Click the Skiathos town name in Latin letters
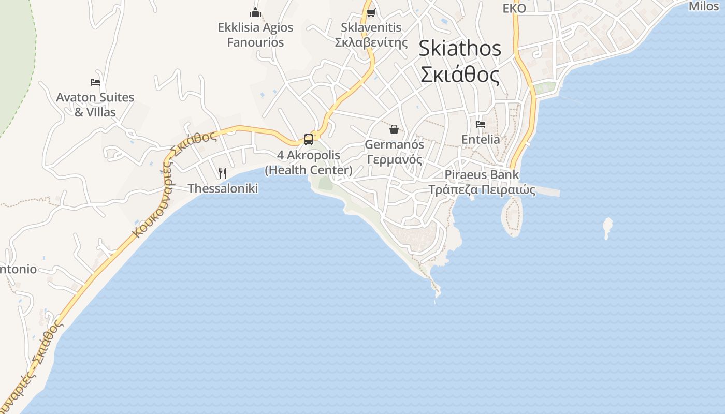pos(460,49)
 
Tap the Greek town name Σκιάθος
pos(460,75)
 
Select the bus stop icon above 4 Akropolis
pos(309,139)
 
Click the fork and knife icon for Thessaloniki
pos(223,173)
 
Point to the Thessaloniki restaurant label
pos(223,188)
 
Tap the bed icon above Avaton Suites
pos(95,82)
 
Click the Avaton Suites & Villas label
pos(95,105)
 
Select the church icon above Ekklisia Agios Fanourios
pos(255,12)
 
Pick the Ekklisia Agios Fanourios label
pos(255,35)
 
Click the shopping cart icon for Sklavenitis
pos(371,12)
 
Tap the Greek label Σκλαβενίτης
pos(371,42)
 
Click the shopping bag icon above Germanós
pos(394,129)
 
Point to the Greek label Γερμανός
pos(394,159)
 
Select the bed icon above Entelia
pos(481,124)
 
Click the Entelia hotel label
pos(481,140)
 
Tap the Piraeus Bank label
pos(482,175)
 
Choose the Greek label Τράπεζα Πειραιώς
pos(482,190)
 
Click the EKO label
pos(514,8)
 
